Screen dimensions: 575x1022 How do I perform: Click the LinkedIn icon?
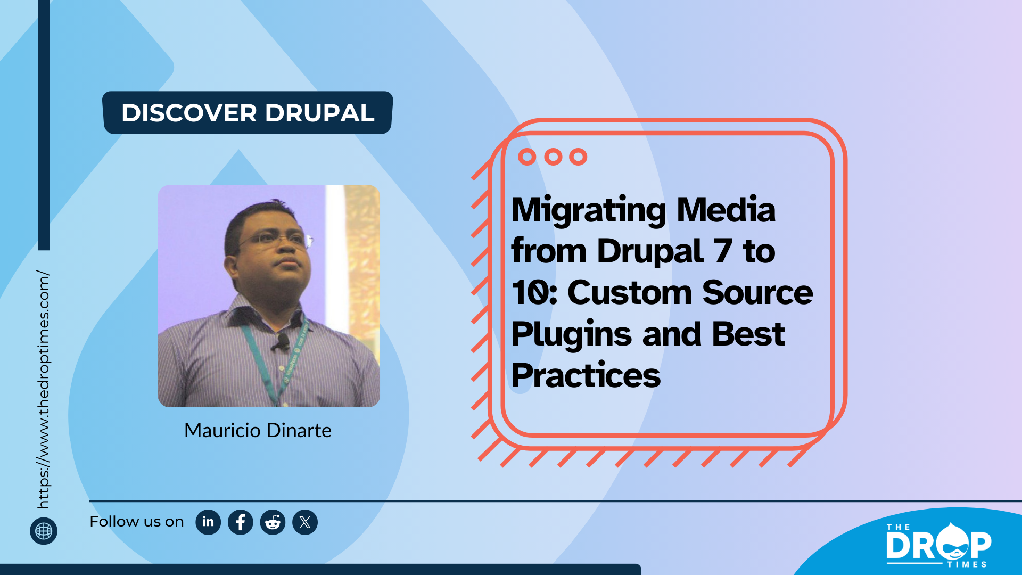(x=208, y=522)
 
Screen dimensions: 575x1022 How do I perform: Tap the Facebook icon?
(x=241, y=522)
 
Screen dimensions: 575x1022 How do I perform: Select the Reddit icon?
(x=273, y=522)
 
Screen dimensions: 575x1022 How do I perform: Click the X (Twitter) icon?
(x=305, y=522)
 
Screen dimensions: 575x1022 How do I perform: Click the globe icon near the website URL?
(x=44, y=531)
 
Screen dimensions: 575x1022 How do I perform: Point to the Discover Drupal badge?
(x=248, y=112)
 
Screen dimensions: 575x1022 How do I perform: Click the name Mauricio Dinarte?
(x=258, y=430)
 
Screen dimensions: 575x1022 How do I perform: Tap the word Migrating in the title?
(x=588, y=210)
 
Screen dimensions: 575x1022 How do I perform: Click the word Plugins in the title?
(x=571, y=334)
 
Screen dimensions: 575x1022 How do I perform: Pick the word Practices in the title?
(x=586, y=375)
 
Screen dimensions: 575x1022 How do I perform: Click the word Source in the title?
(x=757, y=292)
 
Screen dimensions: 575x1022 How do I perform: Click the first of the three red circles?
(x=527, y=157)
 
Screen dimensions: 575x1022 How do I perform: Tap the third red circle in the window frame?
(x=578, y=157)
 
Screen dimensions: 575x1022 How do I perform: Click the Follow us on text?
(x=137, y=522)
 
